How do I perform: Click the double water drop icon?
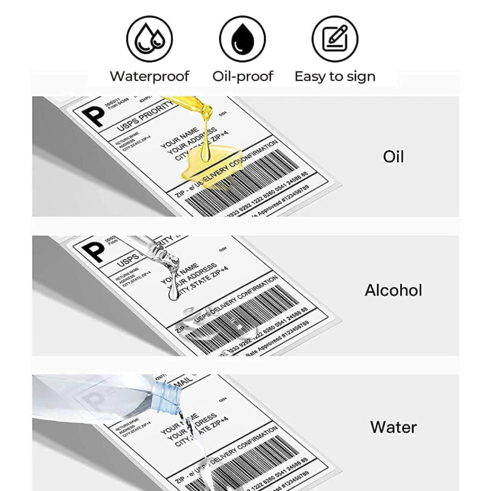tap(149, 38)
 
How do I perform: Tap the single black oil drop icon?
tap(242, 38)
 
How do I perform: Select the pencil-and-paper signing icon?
tap(335, 38)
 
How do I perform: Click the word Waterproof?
tap(149, 76)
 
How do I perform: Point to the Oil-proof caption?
tap(243, 76)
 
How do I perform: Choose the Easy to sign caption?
tap(335, 77)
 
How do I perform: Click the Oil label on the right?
tap(393, 157)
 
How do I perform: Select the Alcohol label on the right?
tap(393, 290)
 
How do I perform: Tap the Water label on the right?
tap(393, 427)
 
